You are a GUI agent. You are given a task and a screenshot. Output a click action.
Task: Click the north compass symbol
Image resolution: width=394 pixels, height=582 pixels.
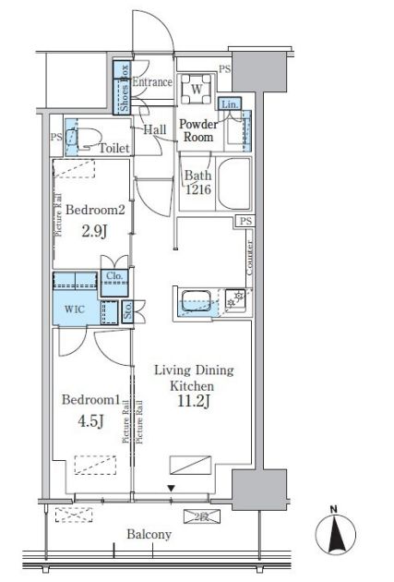point(336,532)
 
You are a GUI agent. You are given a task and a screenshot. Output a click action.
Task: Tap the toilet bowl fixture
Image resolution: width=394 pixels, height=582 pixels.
point(84,138)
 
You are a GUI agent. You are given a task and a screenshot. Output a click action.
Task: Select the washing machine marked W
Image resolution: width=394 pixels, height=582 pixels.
point(197,90)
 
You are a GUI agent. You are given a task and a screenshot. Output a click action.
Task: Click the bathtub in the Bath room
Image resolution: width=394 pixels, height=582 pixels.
point(233,184)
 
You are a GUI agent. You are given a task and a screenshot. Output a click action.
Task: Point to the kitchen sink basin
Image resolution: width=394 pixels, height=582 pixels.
point(196,301)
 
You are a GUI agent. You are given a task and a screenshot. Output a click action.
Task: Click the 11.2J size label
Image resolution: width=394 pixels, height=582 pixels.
point(194,402)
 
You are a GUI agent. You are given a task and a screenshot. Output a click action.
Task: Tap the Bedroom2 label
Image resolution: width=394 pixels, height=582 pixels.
point(95,210)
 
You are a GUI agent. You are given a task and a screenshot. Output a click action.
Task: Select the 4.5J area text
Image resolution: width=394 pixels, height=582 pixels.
point(90,421)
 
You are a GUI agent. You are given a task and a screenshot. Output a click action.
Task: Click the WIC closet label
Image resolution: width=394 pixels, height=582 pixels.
point(75,309)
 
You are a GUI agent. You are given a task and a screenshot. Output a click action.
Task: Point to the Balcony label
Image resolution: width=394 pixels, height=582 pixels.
point(149,535)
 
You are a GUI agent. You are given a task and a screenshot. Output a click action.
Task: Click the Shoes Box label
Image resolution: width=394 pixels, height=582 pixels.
point(125,89)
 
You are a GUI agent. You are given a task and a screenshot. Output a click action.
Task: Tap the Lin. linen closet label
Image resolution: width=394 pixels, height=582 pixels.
point(230,104)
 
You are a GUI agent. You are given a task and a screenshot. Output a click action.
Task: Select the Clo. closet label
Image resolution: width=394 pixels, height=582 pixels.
point(114,276)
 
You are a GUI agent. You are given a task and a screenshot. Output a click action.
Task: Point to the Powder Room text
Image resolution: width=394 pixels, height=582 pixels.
point(198,130)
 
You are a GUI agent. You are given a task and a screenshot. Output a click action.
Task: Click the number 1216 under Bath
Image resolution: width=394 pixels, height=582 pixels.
point(198,189)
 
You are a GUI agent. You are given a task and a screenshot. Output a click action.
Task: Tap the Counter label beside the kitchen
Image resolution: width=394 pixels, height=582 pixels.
point(249,258)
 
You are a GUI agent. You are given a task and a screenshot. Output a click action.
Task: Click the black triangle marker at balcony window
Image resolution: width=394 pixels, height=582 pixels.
point(171,489)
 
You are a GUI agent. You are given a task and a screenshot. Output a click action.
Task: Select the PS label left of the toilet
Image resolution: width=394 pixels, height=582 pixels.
point(56,137)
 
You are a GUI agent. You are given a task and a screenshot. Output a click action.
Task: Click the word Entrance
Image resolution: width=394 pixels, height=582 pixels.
point(152,81)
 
